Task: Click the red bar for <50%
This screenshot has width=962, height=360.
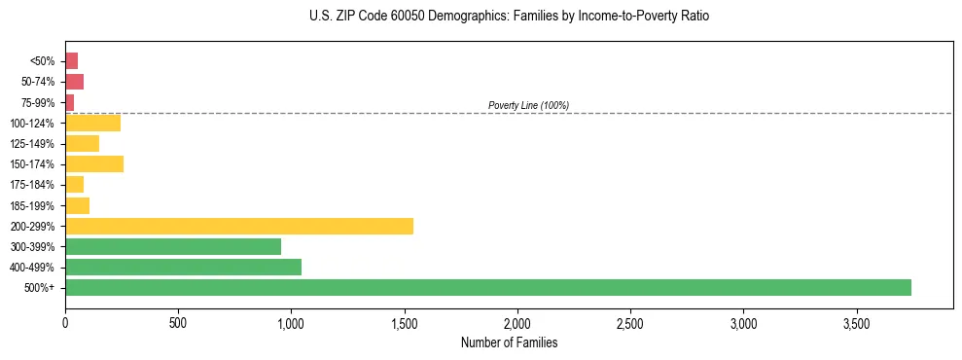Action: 71,61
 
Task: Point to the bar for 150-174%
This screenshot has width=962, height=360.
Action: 94,163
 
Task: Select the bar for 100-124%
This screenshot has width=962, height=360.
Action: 92,123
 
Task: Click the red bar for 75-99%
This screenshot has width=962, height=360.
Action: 69,102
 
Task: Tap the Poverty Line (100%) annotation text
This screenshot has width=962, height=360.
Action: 528,105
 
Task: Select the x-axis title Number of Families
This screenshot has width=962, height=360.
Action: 509,342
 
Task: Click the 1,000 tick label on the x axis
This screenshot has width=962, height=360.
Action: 291,322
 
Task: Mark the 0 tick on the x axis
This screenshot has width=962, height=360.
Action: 65,322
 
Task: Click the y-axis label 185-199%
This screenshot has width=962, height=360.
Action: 32,205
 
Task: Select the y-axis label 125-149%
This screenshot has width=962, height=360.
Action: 32,143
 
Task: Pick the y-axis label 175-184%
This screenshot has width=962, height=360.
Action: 32,185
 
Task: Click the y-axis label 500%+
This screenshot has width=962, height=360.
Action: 39,288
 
